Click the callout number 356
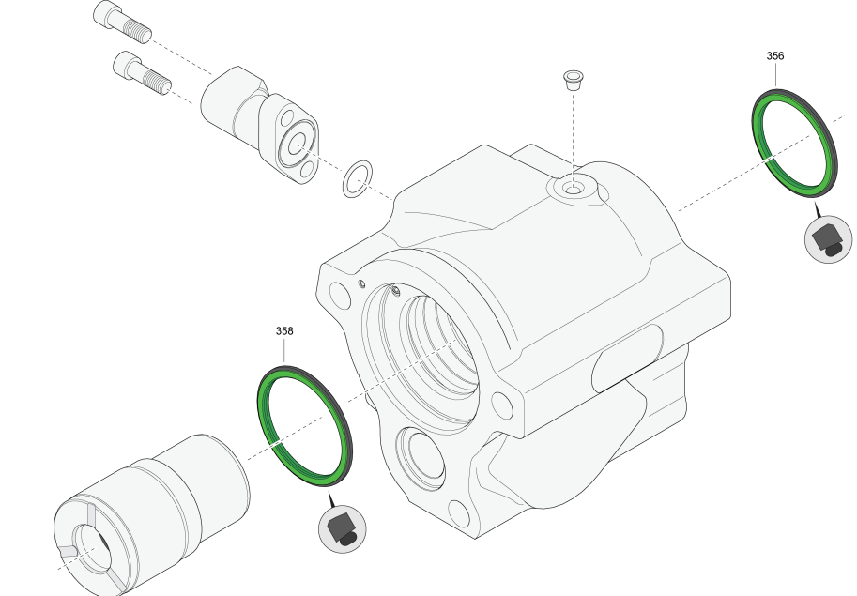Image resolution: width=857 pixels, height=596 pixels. [775, 55]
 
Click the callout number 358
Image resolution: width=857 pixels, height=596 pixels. [284, 331]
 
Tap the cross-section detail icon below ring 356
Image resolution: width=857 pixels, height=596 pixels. [829, 238]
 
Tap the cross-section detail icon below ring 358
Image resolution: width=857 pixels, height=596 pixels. [343, 529]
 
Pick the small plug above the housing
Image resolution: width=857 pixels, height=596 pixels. [573, 80]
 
